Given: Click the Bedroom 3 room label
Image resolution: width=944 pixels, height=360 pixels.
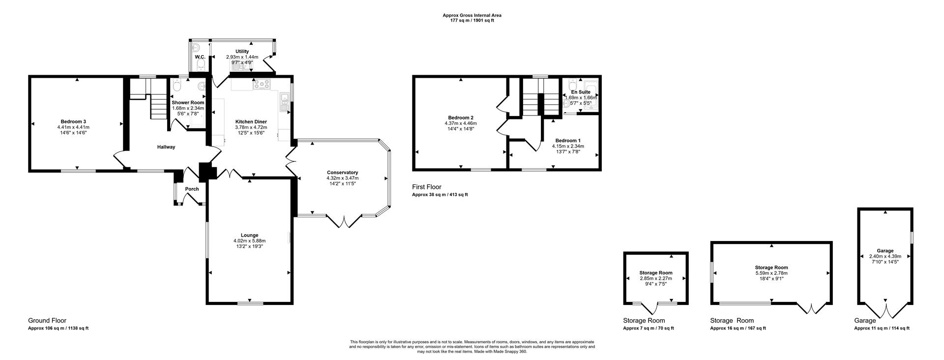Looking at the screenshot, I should coord(74,121).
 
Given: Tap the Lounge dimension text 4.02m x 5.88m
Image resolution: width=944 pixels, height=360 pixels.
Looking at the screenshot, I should coord(249,241).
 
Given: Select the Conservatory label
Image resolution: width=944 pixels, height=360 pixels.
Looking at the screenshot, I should coord(342,173).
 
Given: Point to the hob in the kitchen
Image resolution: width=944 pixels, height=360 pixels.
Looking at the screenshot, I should coord(262,85).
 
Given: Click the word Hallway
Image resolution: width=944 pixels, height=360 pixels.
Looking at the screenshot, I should coord(166,147).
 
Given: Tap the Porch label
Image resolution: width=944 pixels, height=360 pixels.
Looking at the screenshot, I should coord(192,189).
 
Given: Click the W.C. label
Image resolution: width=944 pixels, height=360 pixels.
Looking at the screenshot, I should coord(200,58).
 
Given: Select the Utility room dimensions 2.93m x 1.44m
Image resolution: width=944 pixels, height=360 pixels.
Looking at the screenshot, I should coord(242,57).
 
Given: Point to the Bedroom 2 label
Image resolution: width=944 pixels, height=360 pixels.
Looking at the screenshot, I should coord(461,118).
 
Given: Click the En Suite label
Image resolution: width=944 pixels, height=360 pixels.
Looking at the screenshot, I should coord(581,92).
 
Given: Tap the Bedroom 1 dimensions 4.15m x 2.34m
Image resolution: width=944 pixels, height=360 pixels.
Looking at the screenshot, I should coord(568,146).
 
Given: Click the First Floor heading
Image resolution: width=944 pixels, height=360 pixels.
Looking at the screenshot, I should coord(427,187).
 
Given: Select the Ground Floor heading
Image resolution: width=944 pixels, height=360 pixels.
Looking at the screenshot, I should coord(47,320).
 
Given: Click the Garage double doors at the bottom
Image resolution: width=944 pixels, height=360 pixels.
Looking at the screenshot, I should coord(885,311).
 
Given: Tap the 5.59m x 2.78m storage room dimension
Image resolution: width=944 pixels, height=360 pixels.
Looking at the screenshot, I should coord(771,273).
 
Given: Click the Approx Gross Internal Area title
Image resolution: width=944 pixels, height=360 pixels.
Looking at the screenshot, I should coord(472,15).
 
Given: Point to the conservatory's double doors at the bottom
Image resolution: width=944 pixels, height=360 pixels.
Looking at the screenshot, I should coord(344,221).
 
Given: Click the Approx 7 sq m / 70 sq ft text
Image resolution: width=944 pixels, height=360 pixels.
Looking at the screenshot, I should coord(648,328).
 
